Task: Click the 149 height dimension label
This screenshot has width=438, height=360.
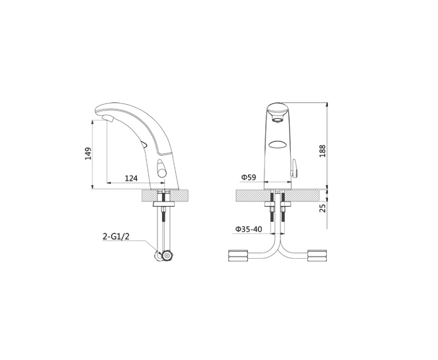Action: tap(88, 153)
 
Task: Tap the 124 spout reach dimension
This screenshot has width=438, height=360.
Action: tap(131, 178)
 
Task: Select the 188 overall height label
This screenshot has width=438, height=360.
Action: tap(322, 151)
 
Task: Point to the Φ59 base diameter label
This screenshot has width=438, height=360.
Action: tap(249, 177)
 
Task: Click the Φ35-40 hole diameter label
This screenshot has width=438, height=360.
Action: tap(249, 229)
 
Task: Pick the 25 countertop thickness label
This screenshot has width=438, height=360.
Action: tap(322, 208)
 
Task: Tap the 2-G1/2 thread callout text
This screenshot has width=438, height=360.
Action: tap(116, 237)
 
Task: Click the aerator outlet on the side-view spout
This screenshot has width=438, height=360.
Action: tap(107, 119)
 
